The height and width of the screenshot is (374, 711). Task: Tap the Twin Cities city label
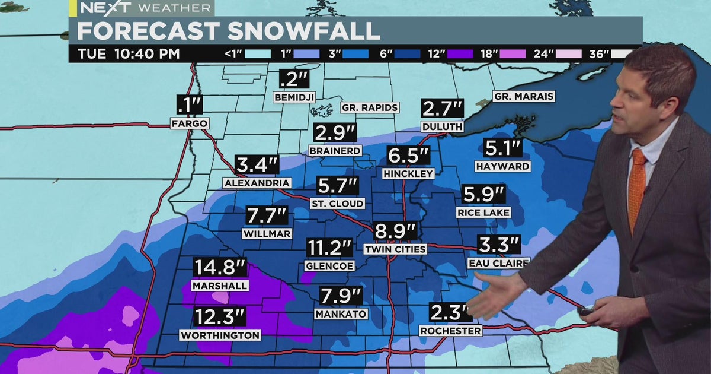pyautogui.click(x=395, y=249)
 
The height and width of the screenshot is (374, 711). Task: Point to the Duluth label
pyautogui.click(x=442, y=126)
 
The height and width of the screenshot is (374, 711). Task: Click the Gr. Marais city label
pyautogui.click(x=523, y=97)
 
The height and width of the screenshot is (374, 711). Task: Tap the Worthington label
pyautogui.click(x=220, y=335)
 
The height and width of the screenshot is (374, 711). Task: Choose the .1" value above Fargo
pyautogui.click(x=190, y=105)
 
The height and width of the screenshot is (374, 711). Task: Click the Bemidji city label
pyautogui.click(x=294, y=97)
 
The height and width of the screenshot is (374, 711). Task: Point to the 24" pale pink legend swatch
pyautogui.click(x=568, y=54)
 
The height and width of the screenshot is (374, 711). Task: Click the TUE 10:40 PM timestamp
pyautogui.click(x=129, y=54)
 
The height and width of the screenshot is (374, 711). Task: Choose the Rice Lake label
pyautogui.click(x=483, y=212)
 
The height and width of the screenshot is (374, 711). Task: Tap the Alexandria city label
pyautogui.click(x=257, y=183)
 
